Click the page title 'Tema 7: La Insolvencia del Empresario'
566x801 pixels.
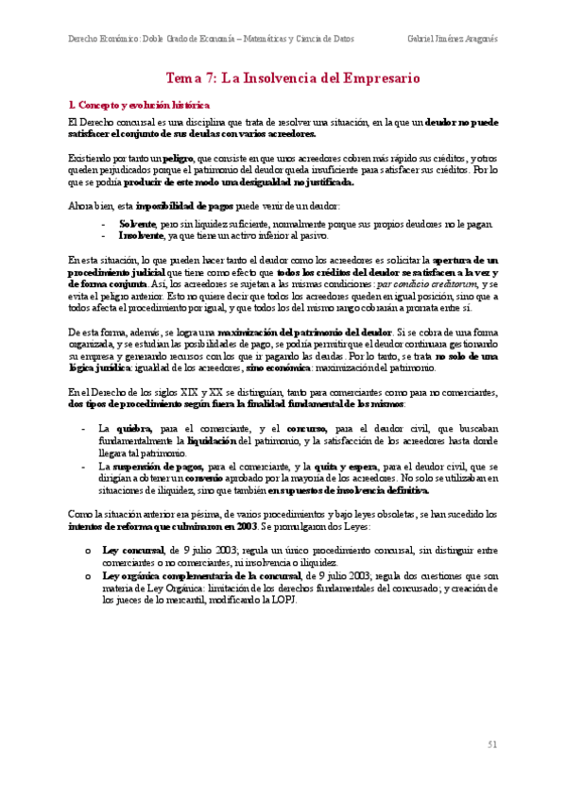point(292,79)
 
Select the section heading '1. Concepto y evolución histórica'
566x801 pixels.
point(141,104)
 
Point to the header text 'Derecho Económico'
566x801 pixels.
point(103,40)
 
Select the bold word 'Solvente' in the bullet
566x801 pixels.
point(138,223)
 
